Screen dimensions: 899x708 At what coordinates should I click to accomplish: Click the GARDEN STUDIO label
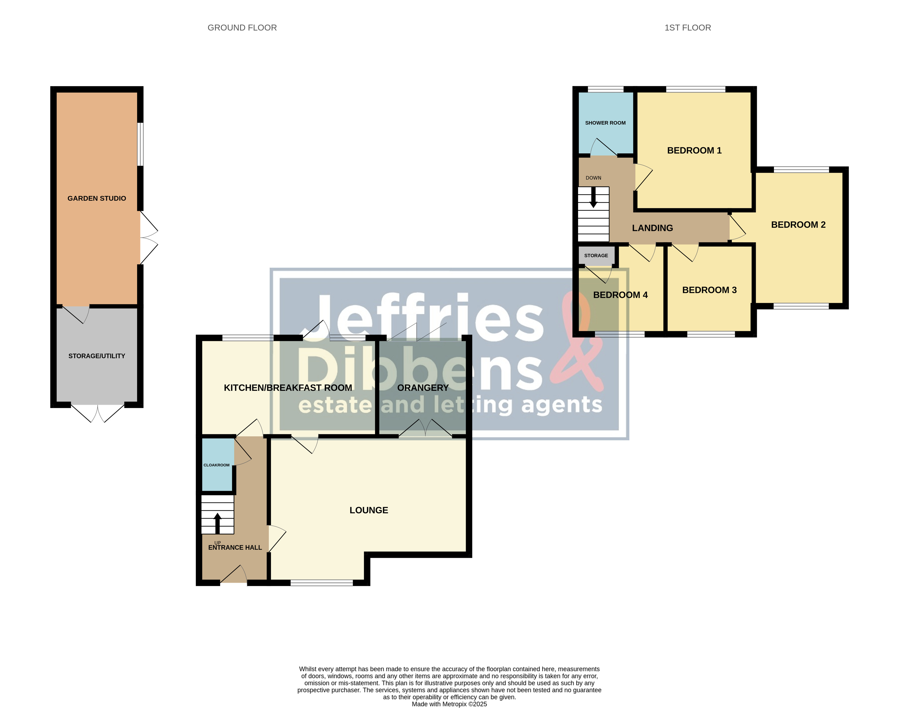click(x=97, y=198)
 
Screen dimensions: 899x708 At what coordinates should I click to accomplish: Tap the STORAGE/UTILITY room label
click(x=97, y=356)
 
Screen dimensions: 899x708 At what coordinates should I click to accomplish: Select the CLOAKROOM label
click(x=216, y=465)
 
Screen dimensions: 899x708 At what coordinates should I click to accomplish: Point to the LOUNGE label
click(x=369, y=510)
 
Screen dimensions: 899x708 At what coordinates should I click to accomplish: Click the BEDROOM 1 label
click(x=694, y=151)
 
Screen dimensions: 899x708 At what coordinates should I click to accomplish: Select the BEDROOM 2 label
click(x=798, y=225)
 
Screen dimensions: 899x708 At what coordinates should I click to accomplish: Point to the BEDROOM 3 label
click(x=709, y=290)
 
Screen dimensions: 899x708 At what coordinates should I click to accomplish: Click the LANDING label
click(x=652, y=228)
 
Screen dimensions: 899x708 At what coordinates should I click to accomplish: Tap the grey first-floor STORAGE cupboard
click(x=596, y=256)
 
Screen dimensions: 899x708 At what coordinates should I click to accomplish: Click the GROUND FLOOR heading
click(x=242, y=28)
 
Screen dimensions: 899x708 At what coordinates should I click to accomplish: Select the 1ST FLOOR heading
click(x=688, y=28)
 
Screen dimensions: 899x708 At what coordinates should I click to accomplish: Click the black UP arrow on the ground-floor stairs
click(x=217, y=523)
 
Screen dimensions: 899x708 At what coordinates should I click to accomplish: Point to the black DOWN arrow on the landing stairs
click(x=593, y=197)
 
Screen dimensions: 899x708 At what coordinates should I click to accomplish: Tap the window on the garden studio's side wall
click(x=140, y=144)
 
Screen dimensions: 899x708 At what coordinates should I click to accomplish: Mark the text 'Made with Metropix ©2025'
click(x=450, y=704)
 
